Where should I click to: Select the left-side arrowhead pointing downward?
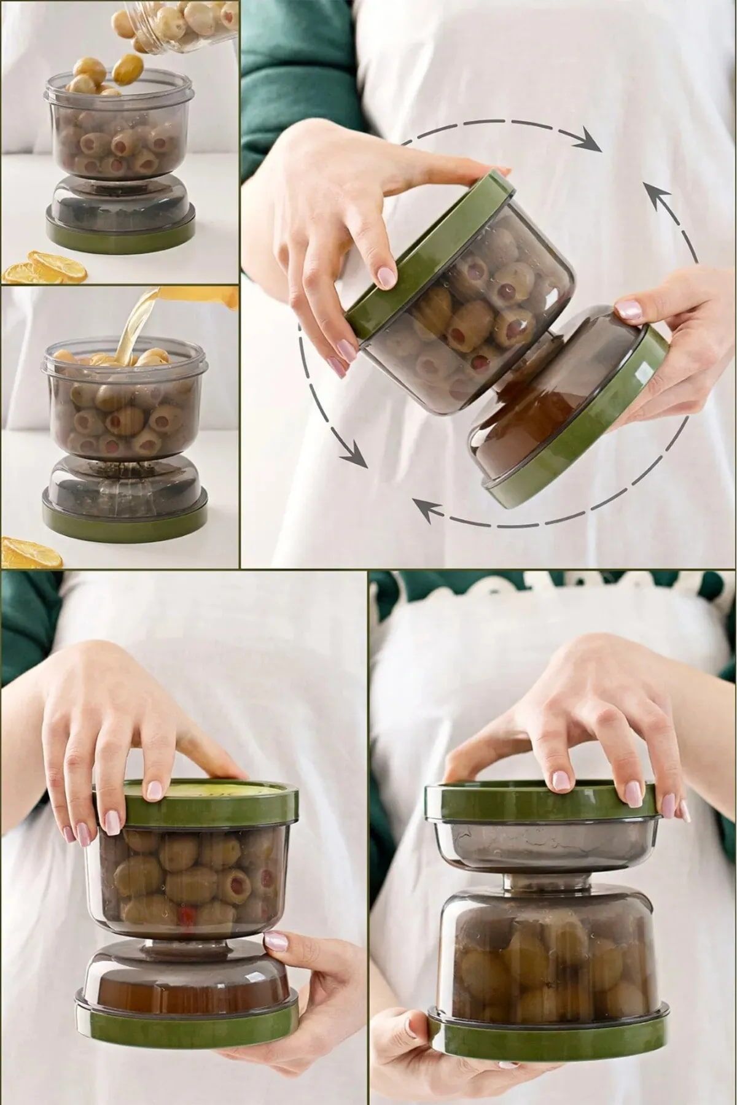pyautogui.click(x=353, y=457)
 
